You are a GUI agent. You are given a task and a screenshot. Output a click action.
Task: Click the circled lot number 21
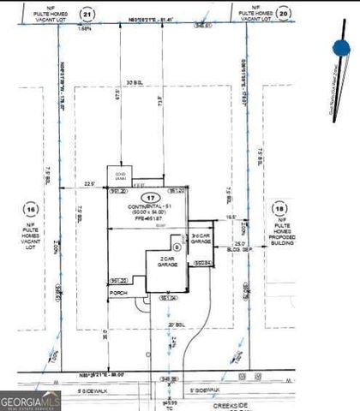pos(87,15)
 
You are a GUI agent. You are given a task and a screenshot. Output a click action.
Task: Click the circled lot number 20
pos(285,15)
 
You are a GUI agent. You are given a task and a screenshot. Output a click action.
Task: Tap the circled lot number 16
pos(32,209)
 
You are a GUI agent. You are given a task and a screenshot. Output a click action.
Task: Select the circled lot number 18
pos(279,208)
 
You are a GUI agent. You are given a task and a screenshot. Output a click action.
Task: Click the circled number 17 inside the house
pos(152,198)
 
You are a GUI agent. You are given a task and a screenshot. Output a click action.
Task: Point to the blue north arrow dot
pos(341,50)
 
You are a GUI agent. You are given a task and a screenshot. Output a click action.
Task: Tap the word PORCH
pos(117,292)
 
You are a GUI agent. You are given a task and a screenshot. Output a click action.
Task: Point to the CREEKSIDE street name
pos(215,399)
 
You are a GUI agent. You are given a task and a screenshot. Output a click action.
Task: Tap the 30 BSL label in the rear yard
pos(132,81)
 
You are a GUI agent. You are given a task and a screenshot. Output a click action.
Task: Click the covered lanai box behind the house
pos(117,176)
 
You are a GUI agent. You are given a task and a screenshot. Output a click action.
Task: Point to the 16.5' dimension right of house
pos(231,218)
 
